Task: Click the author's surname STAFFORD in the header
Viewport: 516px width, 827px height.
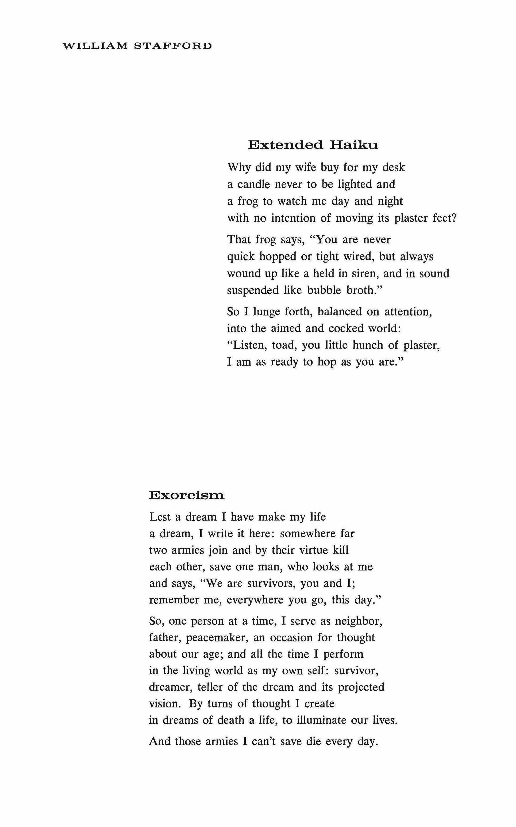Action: (173, 46)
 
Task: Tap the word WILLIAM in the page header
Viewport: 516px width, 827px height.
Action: (94, 46)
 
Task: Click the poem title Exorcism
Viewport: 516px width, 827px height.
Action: (187, 495)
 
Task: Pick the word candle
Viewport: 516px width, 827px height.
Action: (253, 184)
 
